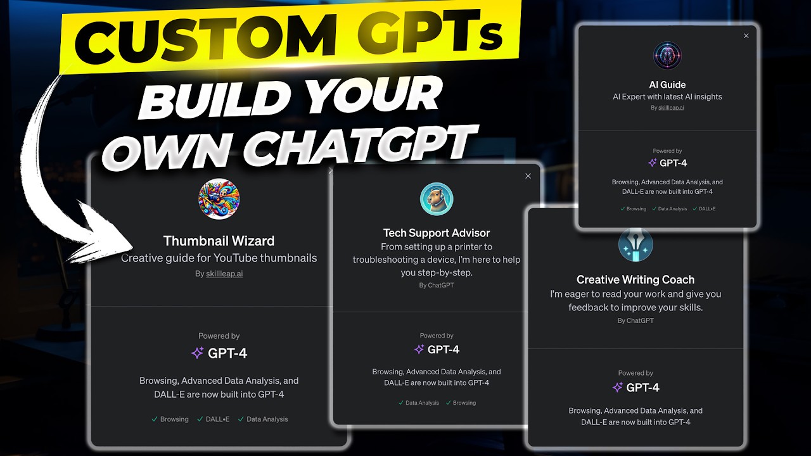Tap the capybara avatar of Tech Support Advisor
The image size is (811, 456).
coord(437,199)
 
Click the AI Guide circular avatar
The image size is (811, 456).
coord(667,56)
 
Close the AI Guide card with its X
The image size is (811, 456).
coord(746,36)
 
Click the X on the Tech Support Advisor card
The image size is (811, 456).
coord(528,176)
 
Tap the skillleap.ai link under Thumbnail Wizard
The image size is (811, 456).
coord(224,274)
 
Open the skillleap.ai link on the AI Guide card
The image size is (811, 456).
coord(672,108)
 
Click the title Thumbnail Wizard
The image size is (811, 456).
coord(219,241)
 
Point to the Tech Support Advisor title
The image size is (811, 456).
coord(437,233)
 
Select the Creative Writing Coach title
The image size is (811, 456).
coord(635,279)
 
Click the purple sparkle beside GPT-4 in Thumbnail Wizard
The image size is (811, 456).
coord(197,353)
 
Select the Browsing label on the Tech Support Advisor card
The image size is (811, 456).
coord(464,403)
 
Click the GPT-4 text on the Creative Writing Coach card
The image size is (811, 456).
coord(642,388)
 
